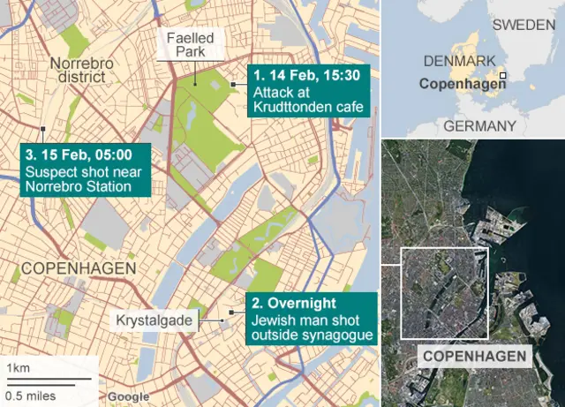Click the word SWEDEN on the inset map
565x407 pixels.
click(525, 24)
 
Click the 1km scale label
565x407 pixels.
click(18, 367)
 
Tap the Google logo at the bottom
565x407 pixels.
click(128, 397)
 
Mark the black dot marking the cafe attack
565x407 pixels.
click(232, 84)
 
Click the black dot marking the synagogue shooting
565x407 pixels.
click(231, 313)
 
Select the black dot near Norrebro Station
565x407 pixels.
click(41, 125)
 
